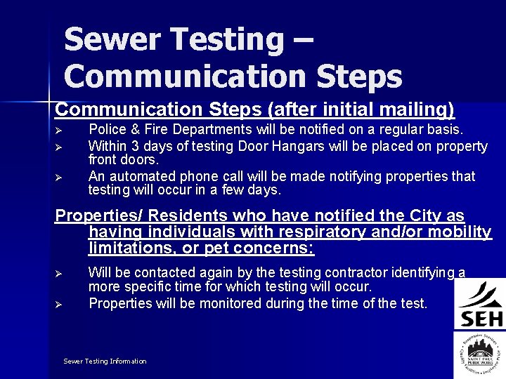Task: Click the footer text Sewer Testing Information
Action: [105, 361]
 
